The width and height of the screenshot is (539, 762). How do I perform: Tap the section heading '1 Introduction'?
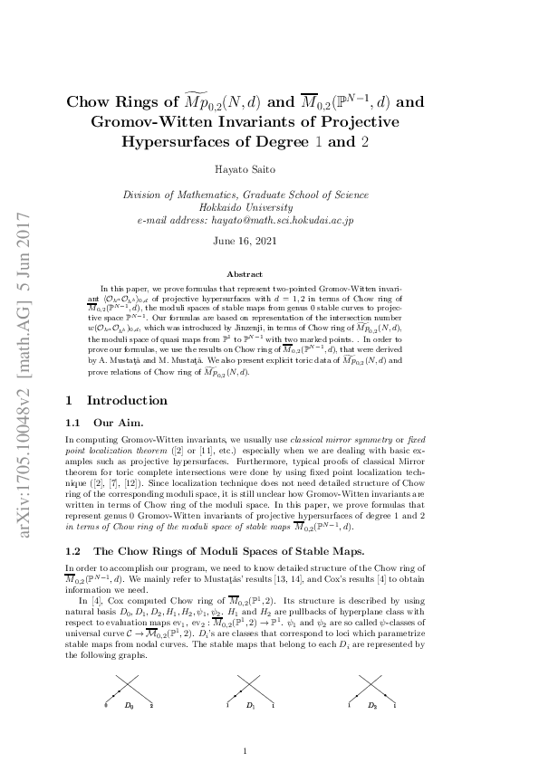tap(117, 400)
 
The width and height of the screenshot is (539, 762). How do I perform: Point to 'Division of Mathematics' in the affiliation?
tap(175, 195)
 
